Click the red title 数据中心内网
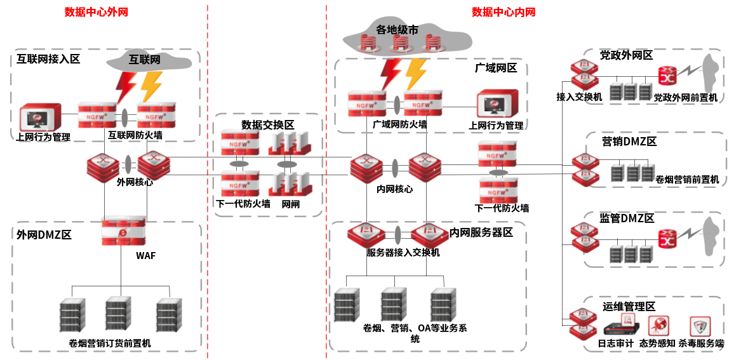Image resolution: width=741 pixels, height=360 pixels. click(x=504, y=11)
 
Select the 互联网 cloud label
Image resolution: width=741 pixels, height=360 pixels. click(x=145, y=60)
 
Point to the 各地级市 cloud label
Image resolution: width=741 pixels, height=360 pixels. click(x=397, y=30)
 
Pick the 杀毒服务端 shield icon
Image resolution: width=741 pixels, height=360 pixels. click(x=700, y=326)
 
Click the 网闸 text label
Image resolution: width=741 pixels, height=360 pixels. click(x=291, y=204)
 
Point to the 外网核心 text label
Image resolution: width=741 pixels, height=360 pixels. click(x=135, y=182)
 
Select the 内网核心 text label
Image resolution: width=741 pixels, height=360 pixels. click(x=395, y=189)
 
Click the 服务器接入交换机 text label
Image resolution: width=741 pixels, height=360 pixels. click(x=403, y=252)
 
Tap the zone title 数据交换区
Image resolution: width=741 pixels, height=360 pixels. click(x=267, y=124)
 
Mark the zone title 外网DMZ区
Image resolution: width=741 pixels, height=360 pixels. click(x=44, y=235)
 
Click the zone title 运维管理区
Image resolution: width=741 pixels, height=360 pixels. click(x=629, y=307)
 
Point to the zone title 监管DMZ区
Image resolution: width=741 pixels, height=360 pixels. click(x=627, y=218)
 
